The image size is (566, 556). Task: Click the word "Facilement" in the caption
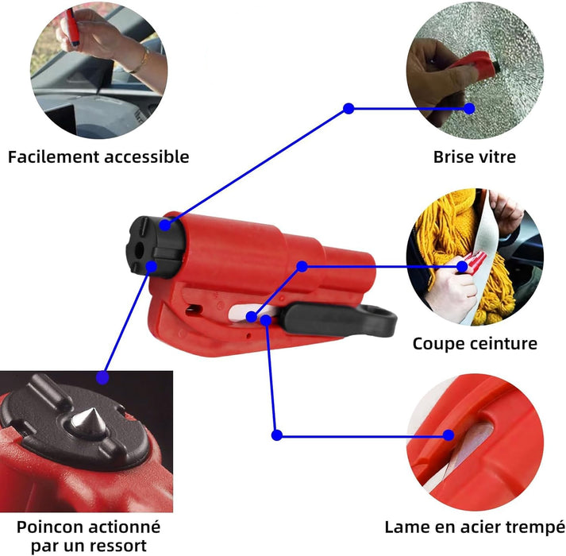coord(53,157)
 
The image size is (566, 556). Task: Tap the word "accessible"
coord(147,157)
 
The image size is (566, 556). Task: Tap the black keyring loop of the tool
coord(375,320)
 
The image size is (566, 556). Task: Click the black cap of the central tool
coord(154,247)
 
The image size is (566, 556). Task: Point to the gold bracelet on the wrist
coord(142,61)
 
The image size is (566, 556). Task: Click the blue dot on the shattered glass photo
coord(469,108)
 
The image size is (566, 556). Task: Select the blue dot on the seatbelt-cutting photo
coord(462,267)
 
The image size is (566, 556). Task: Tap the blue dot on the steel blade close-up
coord(449,435)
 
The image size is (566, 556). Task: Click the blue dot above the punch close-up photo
coord(103,378)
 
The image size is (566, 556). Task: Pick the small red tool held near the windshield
coord(72,27)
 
